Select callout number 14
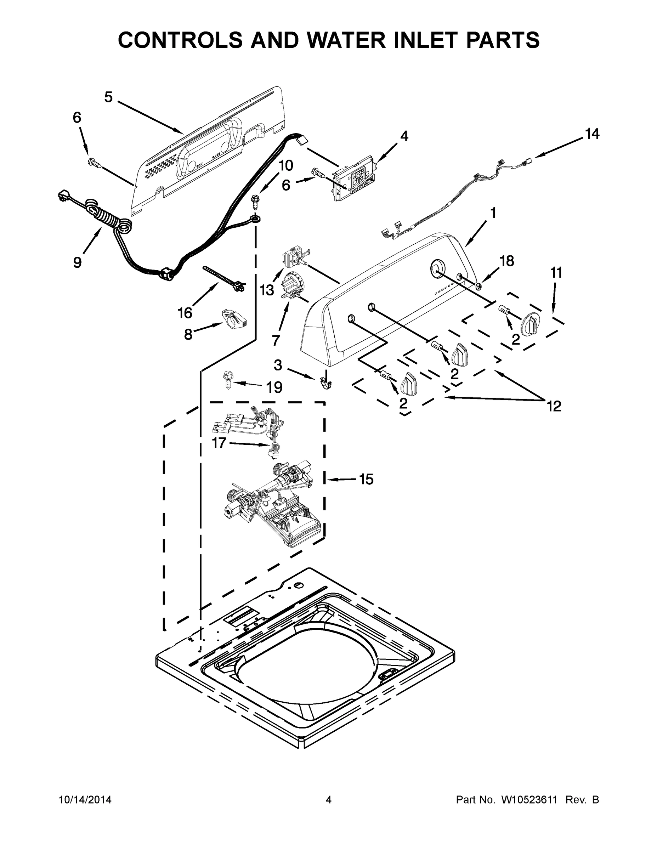click(x=591, y=134)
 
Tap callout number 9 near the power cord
click(x=78, y=262)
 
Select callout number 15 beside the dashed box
click(x=366, y=480)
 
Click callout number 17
click(x=219, y=442)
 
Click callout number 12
click(x=554, y=407)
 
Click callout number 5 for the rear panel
click(x=108, y=97)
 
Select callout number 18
click(x=507, y=261)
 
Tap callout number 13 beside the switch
click(x=267, y=290)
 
